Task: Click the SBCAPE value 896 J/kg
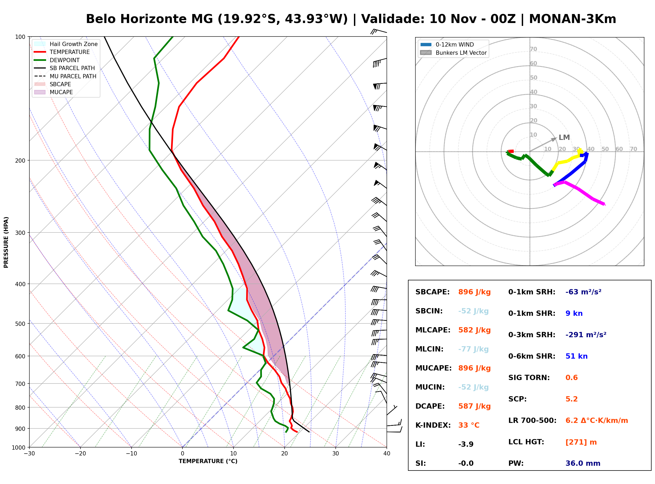(474, 292)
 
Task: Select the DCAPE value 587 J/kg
(474, 406)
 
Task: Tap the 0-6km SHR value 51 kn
(576, 356)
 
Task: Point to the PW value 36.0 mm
(583, 463)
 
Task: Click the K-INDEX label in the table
(433, 425)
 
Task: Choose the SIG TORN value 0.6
(571, 378)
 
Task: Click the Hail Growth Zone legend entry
(66, 44)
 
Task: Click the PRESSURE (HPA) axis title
(6, 242)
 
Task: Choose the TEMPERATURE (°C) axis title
(208, 461)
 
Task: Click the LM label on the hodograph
(564, 138)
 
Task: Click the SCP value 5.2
(571, 399)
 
